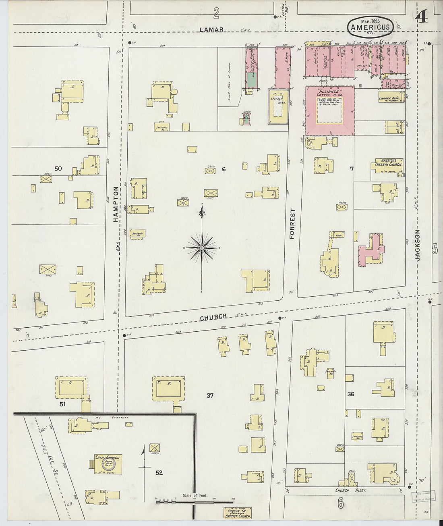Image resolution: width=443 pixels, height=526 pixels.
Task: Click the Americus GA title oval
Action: pyautogui.click(x=370, y=27)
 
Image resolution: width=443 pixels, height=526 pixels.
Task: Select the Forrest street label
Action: pyautogui.click(x=292, y=224)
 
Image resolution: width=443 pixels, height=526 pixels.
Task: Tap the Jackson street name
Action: pyautogui.click(x=418, y=245)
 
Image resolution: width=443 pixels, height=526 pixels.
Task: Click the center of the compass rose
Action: pyautogui.click(x=201, y=248)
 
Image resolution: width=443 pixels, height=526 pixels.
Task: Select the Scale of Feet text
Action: pyautogui.click(x=195, y=495)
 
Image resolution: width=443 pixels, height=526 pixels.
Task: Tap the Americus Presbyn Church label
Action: pyautogui.click(x=387, y=162)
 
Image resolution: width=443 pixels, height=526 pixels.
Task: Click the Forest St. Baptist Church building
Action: pyautogui.click(x=238, y=513)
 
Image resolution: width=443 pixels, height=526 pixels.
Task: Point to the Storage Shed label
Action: pyautogui.click(x=277, y=100)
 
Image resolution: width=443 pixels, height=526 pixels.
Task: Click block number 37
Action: pyautogui.click(x=210, y=395)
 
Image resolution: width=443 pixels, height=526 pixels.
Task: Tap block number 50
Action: pyautogui.click(x=58, y=168)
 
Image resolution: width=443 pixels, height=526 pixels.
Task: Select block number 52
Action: pyautogui.click(x=159, y=472)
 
